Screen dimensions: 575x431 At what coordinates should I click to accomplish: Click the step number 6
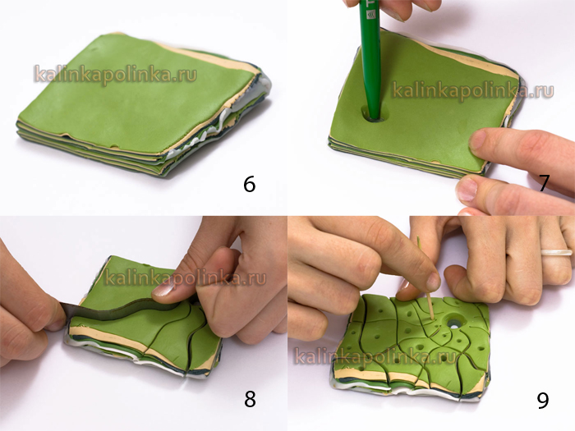click(249, 184)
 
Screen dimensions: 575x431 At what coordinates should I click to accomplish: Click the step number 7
click(544, 183)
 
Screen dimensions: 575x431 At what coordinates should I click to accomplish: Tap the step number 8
click(250, 399)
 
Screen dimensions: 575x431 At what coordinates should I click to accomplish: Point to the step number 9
click(543, 400)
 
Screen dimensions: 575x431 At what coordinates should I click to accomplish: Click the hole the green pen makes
click(373, 115)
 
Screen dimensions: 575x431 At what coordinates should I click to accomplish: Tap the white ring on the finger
click(556, 252)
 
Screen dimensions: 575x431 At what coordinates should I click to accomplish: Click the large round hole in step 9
click(454, 323)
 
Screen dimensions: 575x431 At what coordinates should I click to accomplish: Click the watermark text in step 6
click(116, 75)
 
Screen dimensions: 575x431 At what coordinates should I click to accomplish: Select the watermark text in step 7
click(472, 89)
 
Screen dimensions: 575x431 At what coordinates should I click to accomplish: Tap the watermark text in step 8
click(185, 277)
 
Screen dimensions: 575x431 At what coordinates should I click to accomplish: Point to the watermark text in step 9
click(375, 355)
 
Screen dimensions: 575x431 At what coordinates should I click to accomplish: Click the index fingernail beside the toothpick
click(434, 282)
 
